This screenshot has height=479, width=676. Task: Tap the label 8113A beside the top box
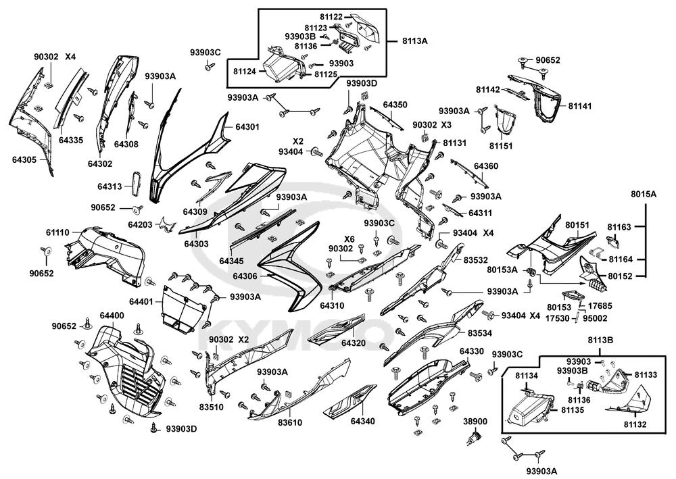(x=414, y=41)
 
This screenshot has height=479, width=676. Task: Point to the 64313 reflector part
(x=135, y=183)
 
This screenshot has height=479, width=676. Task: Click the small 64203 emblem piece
(x=164, y=225)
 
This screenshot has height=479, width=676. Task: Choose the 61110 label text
(x=57, y=232)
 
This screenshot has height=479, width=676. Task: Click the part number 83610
(x=289, y=422)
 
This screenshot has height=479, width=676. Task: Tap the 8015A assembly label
(x=644, y=194)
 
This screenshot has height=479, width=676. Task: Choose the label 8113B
(x=600, y=341)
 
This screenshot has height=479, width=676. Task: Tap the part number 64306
(x=246, y=276)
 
